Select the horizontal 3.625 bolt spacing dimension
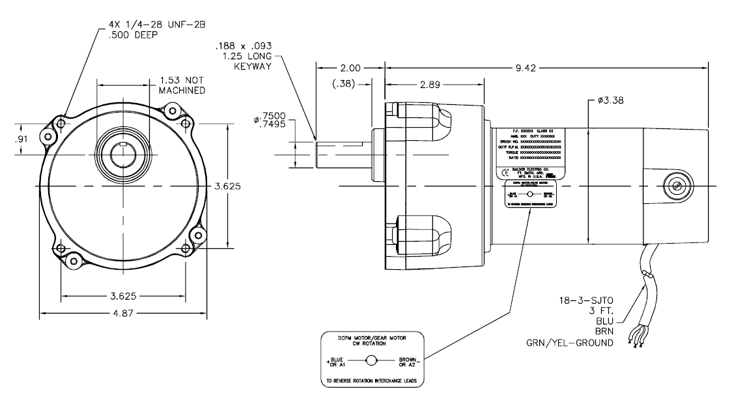click(x=124, y=296)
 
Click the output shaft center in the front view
click(x=123, y=154)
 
